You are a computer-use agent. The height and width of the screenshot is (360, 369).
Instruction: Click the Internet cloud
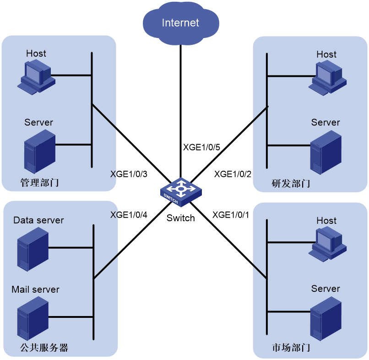181,23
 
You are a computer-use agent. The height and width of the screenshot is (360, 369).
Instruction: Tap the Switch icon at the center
181,192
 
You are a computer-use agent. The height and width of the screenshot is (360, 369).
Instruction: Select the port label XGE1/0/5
201,147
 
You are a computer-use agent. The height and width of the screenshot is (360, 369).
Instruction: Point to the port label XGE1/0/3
129,174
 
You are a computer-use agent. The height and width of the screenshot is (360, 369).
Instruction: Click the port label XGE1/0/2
233,174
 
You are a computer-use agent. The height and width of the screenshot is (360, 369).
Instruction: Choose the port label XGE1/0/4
129,215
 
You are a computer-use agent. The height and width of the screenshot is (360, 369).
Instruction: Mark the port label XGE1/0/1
231,215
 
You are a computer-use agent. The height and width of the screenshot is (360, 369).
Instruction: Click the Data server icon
33,249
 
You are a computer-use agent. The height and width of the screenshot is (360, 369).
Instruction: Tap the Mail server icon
33,318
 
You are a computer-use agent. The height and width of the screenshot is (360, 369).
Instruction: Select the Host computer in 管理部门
36,77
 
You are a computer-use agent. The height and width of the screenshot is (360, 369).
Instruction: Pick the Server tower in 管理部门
40,152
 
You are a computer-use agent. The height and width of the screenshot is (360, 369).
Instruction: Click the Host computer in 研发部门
327,78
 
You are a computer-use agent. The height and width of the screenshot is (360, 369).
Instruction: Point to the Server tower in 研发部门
326,153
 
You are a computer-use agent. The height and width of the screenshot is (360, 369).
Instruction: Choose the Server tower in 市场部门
326,319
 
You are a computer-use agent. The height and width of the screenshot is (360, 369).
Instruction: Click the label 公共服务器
44,348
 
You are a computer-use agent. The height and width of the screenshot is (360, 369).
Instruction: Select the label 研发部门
291,183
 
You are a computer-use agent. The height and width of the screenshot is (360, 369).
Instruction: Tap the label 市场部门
291,348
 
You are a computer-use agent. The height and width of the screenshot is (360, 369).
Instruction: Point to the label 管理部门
39,182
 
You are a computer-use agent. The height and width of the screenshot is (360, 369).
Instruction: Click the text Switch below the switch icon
181,218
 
